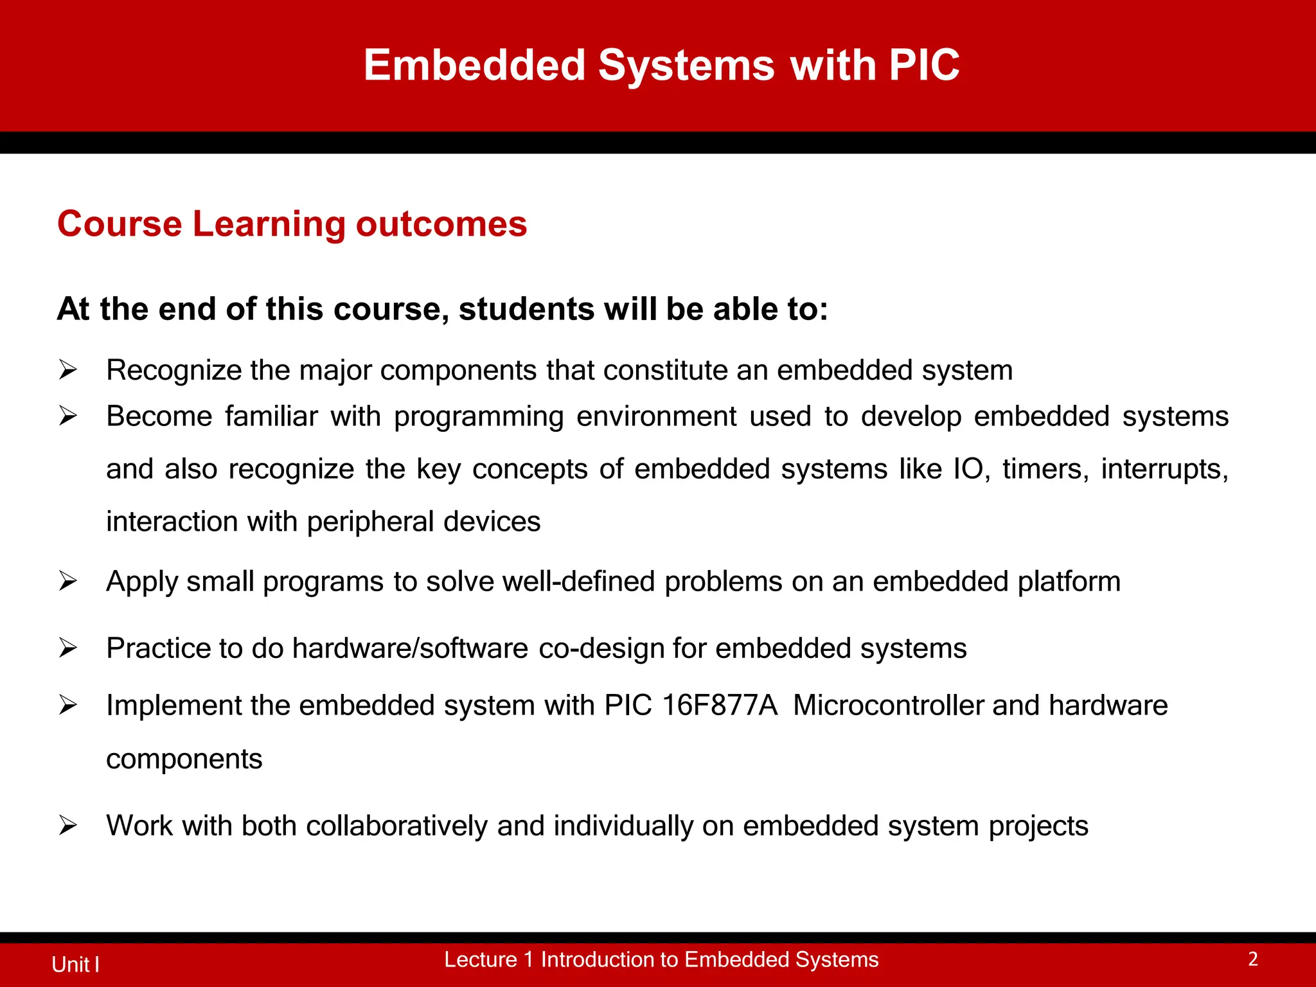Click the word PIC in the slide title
point(924,65)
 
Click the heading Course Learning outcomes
point(292,224)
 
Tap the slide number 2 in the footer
point(1252,959)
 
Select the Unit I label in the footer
point(75,965)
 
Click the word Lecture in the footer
point(480,959)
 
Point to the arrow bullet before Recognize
point(67,370)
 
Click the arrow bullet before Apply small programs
point(67,581)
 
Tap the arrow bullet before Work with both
point(67,825)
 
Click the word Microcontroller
point(889,706)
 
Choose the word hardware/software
point(410,648)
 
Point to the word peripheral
point(370,522)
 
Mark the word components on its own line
point(184,760)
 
